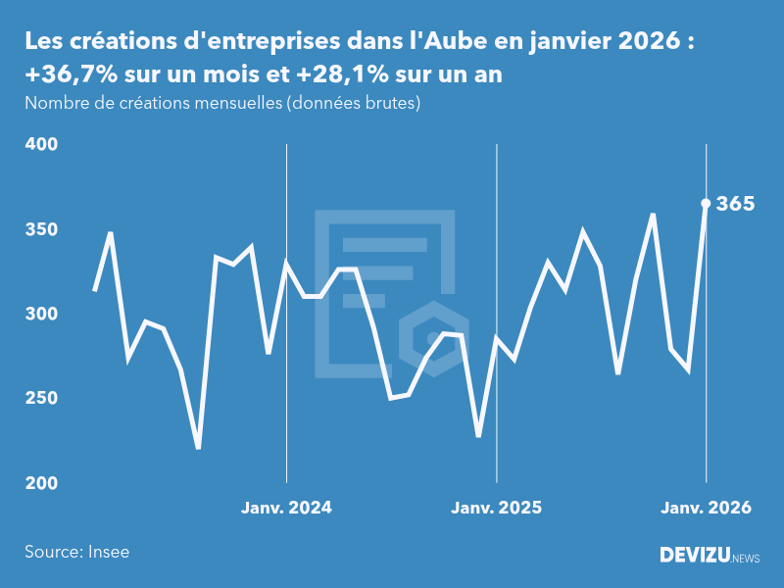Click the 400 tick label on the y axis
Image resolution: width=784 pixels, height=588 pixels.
(41, 144)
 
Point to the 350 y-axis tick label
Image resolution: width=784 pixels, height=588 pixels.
(41, 229)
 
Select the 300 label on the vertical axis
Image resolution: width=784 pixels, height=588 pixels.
(41, 314)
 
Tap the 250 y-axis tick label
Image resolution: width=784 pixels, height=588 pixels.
(41, 399)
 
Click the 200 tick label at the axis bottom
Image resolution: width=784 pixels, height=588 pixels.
(41, 483)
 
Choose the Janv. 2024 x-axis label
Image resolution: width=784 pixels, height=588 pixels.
(286, 508)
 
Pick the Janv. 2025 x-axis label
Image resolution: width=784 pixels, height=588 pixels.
(496, 508)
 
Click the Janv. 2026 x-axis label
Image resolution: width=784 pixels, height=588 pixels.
(706, 508)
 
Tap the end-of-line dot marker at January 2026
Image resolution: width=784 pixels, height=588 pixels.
(706, 204)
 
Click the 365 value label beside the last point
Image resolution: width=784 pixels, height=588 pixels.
(735, 204)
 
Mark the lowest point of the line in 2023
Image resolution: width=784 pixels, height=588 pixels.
(198, 448)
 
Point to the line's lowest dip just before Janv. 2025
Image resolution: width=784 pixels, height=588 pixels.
(478, 435)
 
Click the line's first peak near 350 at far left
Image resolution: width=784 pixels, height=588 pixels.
(111, 233)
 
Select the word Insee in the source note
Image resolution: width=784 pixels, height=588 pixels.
(108, 552)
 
